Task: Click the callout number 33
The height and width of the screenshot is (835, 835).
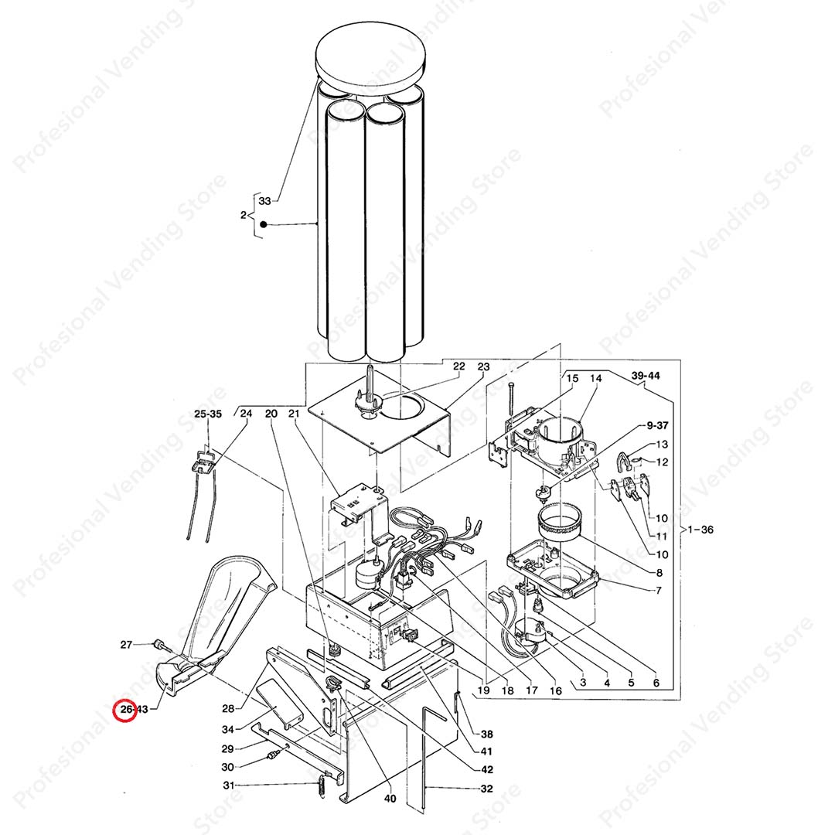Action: pyautogui.click(x=264, y=201)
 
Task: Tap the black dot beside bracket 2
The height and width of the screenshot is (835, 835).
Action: pyautogui.click(x=263, y=225)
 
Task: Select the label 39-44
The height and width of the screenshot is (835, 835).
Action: pyautogui.click(x=646, y=376)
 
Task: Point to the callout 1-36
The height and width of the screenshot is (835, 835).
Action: pyautogui.click(x=700, y=530)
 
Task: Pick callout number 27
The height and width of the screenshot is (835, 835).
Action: pyautogui.click(x=126, y=645)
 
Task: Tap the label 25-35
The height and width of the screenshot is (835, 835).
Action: pyautogui.click(x=208, y=414)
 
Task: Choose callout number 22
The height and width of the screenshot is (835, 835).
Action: pyautogui.click(x=458, y=366)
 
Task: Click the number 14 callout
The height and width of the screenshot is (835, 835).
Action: pyautogui.click(x=596, y=378)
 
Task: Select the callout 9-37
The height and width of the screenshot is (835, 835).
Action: pyautogui.click(x=657, y=425)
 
